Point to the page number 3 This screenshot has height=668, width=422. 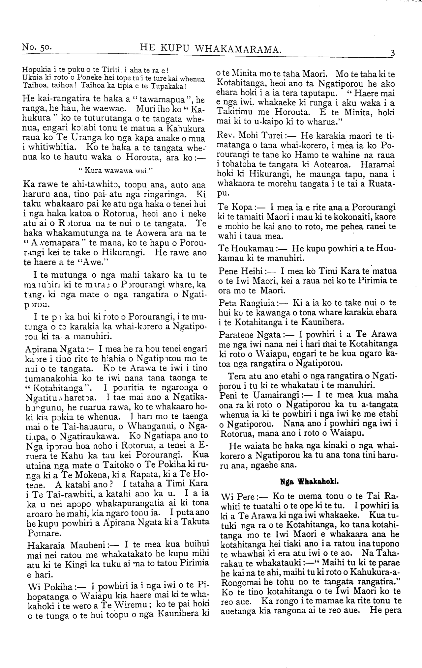[392, 53]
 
